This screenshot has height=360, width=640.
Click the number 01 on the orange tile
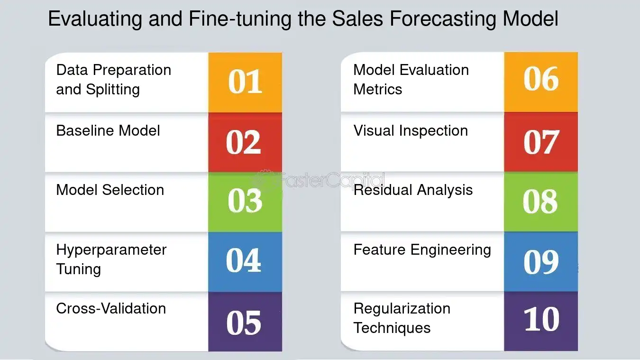245,82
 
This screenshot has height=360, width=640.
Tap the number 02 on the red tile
243,142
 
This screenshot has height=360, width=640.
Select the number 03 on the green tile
245,201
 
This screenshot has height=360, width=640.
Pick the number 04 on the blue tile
243,260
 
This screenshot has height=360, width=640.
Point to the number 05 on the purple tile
244,323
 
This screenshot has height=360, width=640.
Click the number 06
541,79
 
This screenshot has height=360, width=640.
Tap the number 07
541,142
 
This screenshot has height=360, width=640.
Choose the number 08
540,201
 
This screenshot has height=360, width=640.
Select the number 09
541,262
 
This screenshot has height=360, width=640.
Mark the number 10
542,319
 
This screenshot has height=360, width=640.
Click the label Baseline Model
108,131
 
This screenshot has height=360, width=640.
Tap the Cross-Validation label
111,308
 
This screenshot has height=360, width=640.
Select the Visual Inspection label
411,131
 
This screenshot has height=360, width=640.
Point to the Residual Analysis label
413,190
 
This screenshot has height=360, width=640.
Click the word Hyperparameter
111,250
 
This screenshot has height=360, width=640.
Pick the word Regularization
402,309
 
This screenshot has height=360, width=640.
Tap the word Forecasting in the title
443,19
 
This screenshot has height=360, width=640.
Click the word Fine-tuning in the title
240,19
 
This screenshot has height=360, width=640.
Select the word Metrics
378,89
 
